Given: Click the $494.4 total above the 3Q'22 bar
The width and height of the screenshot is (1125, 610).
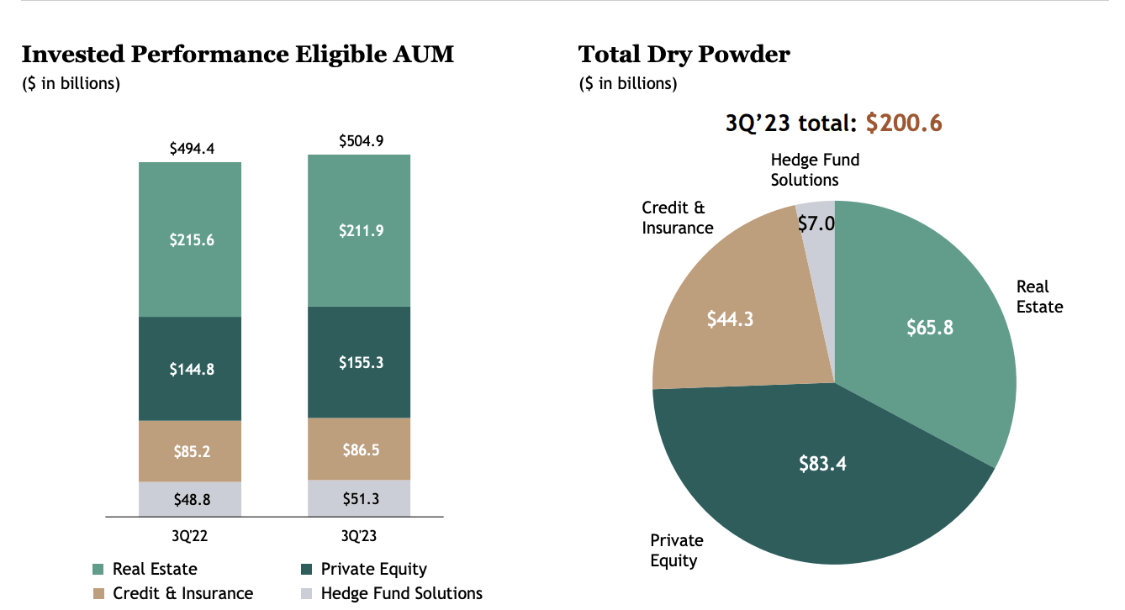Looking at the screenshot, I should coord(192,149).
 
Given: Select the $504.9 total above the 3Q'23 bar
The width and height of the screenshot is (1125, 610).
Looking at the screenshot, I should coord(361,141).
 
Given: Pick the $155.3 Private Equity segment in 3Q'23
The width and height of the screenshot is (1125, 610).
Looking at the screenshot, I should coord(361,362).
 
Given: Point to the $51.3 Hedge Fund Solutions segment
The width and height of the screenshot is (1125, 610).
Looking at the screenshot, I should coord(361,498).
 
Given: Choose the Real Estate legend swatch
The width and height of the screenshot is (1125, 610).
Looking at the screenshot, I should coord(98,570).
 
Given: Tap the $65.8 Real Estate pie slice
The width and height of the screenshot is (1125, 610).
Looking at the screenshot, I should coord(929,327).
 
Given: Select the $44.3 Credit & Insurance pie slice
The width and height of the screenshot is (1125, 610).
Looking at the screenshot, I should coord(729,319).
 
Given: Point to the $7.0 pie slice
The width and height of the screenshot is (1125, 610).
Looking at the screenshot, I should coord(816,223).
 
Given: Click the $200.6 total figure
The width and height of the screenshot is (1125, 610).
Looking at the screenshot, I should coord(904,123).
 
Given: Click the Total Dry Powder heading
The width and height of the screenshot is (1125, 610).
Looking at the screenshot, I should coord(684,55).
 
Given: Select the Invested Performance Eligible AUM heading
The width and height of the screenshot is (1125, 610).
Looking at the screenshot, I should coord(237,55).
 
